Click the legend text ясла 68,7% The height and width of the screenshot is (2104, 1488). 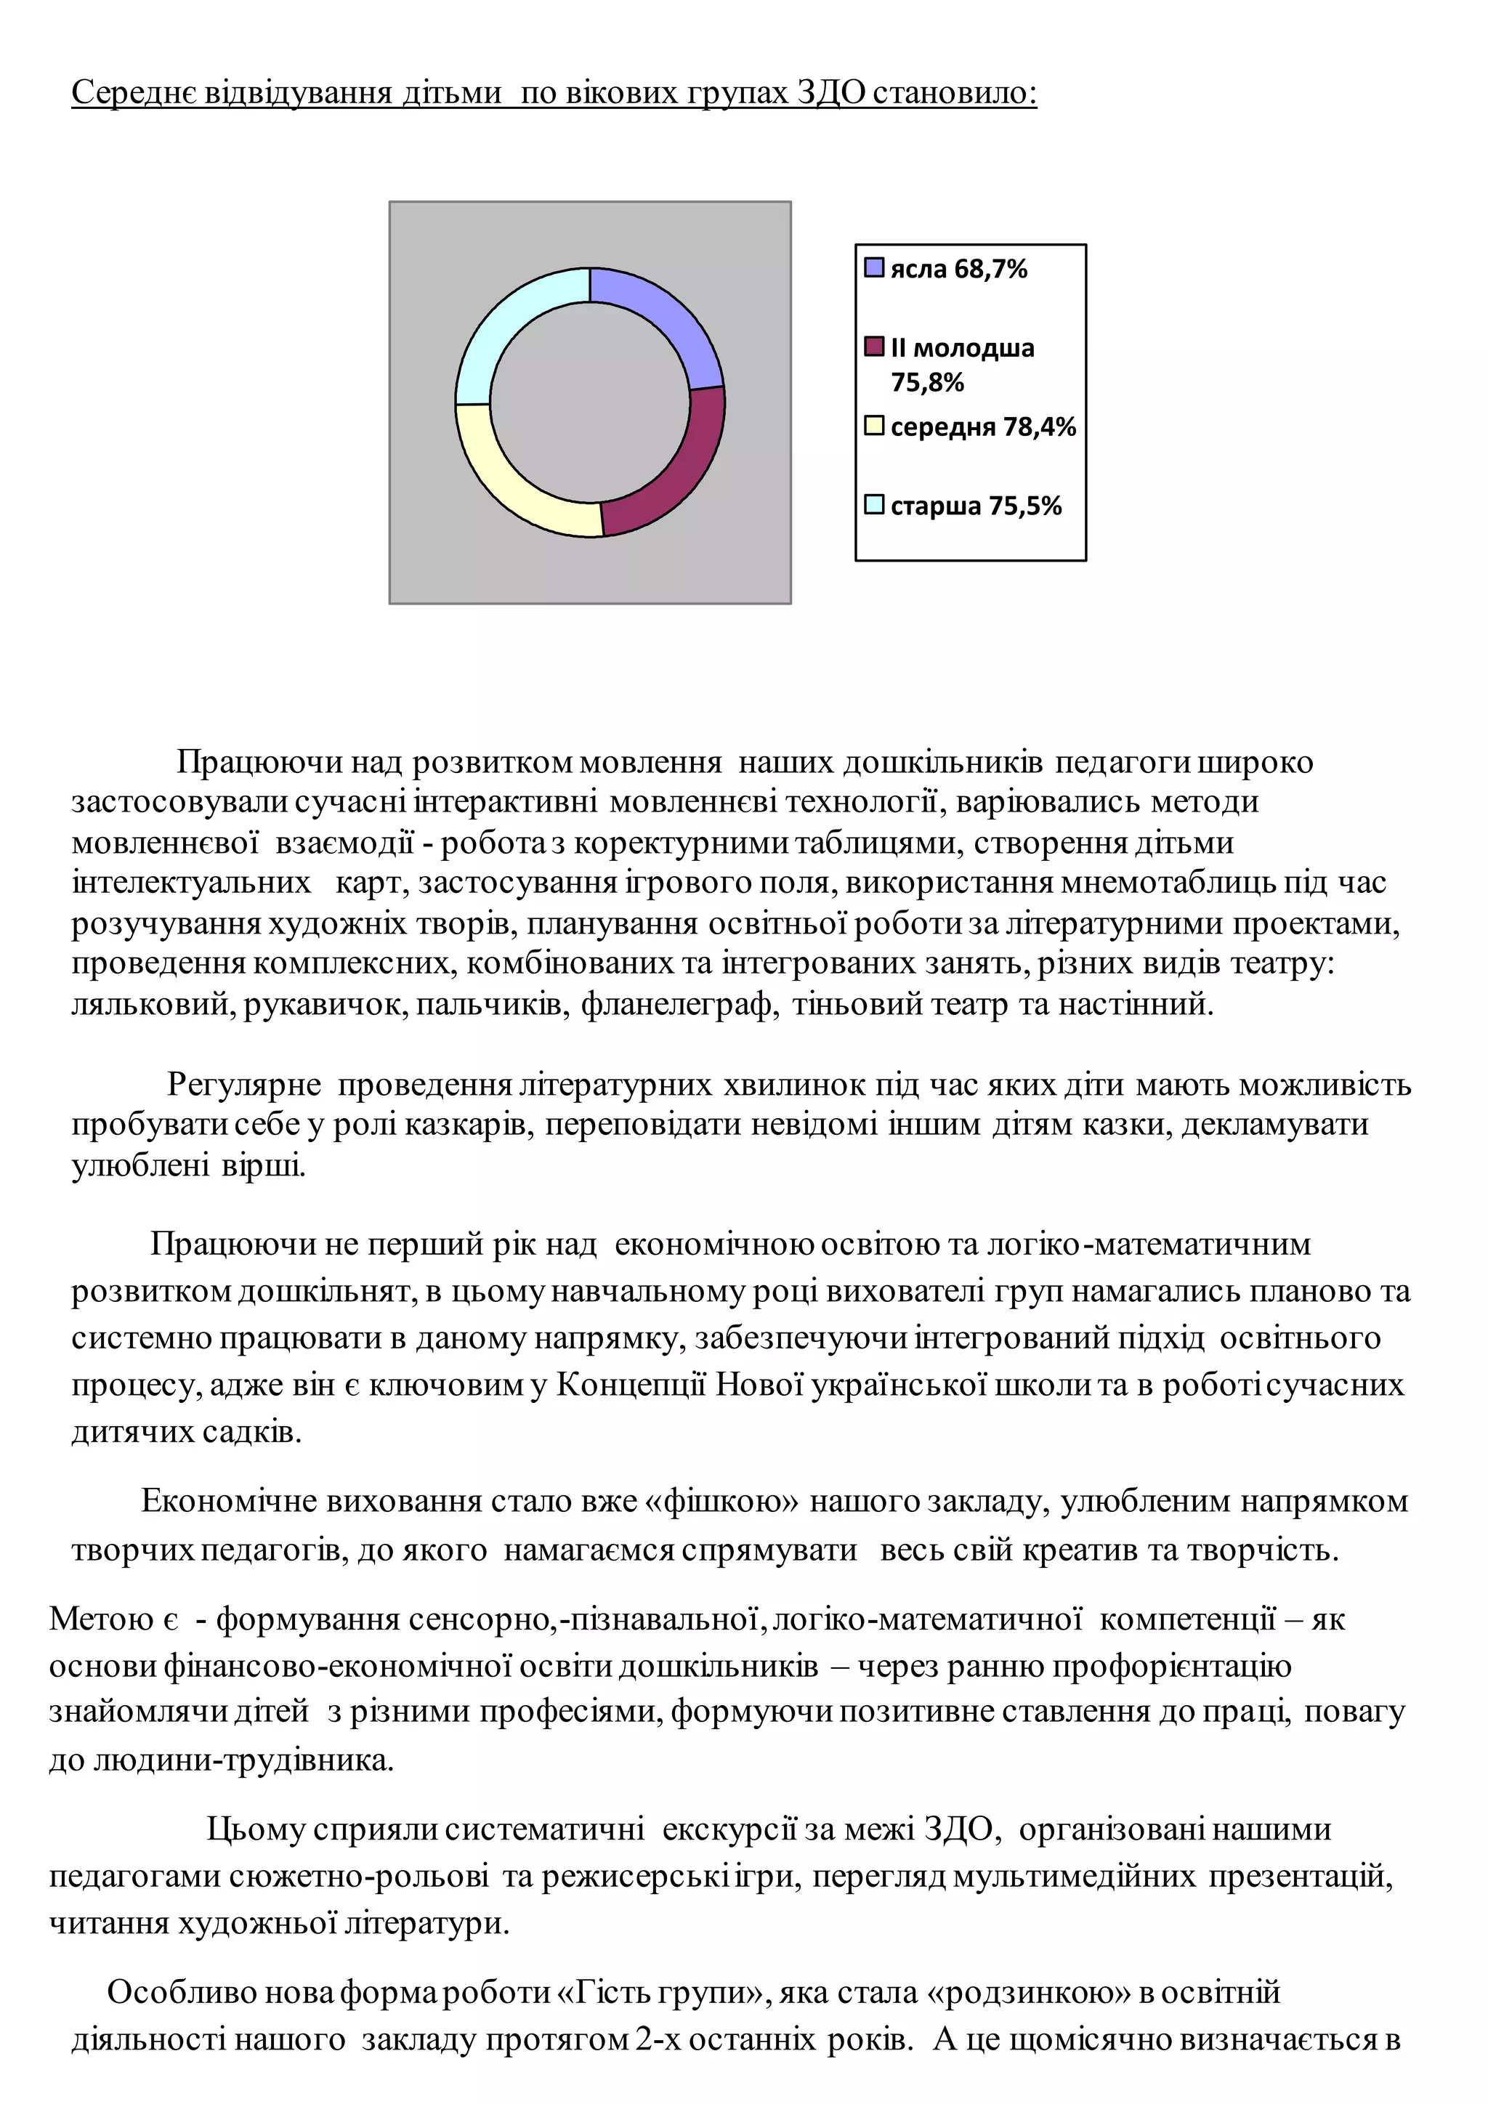pos(958,270)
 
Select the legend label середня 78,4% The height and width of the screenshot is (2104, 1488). pos(982,427)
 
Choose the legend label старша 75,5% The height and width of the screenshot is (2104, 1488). pos(975,506)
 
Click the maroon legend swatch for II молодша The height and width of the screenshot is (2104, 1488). pos(874,347)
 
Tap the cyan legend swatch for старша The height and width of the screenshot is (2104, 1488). pos(874,505)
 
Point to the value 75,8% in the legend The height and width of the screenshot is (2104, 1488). pos(927,383)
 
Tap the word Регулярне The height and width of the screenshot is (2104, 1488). pos(243,1085)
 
